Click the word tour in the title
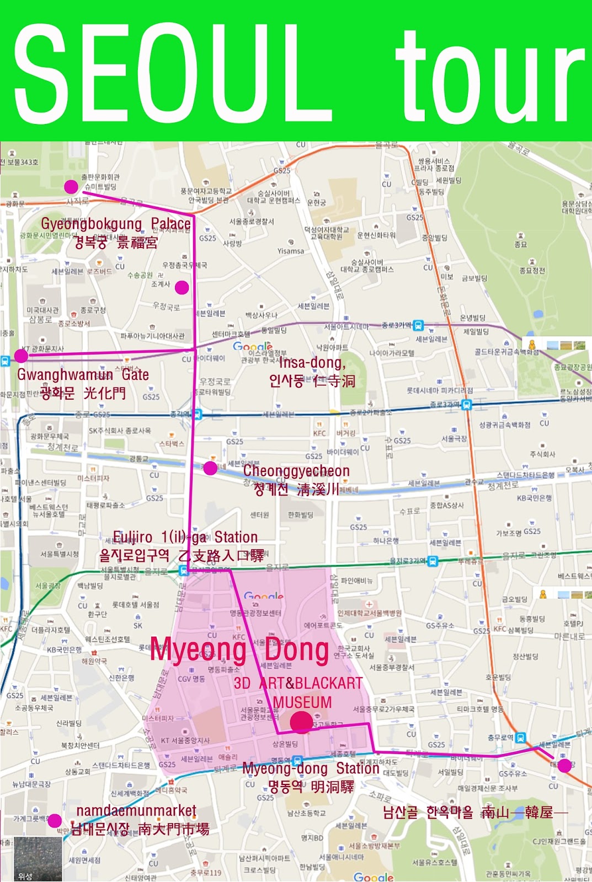[x=490, y=77]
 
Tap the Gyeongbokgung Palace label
[x=116, y=224]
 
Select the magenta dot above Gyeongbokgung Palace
[x=71, y=187]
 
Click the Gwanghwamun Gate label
[x=83, y=375]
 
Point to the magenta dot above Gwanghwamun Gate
[x=21, y=356]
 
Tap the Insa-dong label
[x=312, y=363]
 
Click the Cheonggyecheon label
[x=296, y=471]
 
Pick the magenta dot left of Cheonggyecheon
[x=210, y=469]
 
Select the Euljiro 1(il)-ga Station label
[x=185, y=537]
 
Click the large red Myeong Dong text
[x=239, y=650]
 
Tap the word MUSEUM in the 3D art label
[x=302, y=702]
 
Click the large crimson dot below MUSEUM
[x=301, y=722]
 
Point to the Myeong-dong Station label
[x=311, y=768]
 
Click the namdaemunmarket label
[x=136, y=810]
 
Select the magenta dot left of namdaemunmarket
[x=54, y=821]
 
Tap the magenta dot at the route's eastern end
[x=564, y=765]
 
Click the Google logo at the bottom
[x=374, y=876]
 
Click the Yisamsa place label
[x=291, y=251]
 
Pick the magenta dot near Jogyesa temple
[x=182, y=287]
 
